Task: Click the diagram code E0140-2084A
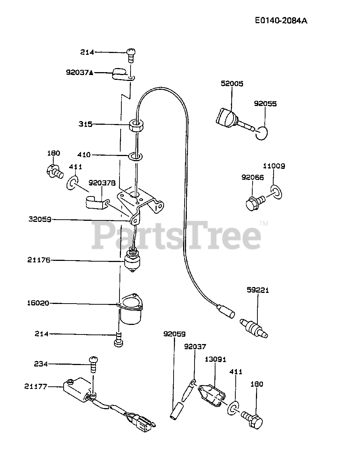(x=281, y=21)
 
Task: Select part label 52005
(x=232, y=84)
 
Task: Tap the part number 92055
(x=265, y=104)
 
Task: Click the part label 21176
(x=39, y=260)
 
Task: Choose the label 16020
(x=38, y=303)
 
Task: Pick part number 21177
(x=36, y=386)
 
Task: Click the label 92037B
(x=102, y=183)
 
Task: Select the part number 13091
(x=215, y=359)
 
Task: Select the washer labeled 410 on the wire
(x=135, y=157)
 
